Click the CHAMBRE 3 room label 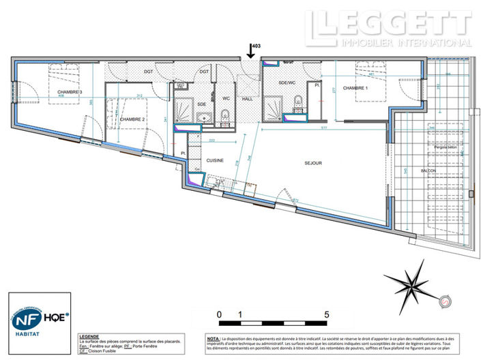[70, 92]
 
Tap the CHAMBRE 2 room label [133, 119]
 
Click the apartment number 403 [257, 46]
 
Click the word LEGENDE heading [89, 336]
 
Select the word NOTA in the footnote [213, 338]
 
